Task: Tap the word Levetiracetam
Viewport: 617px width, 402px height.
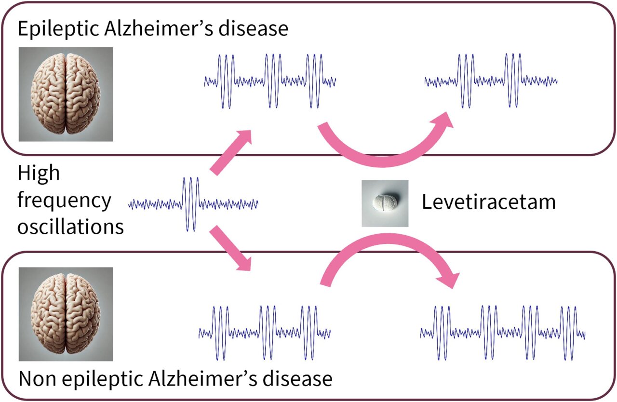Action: (489, 202)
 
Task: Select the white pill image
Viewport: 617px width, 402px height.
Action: (385, 203)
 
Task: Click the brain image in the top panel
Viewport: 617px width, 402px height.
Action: (66, 94)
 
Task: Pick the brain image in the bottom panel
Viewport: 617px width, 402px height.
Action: (66, 314)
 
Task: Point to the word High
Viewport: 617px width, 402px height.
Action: (39, 174)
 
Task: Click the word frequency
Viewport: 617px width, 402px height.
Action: (64, 200)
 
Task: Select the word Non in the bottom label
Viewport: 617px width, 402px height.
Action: (37, 379)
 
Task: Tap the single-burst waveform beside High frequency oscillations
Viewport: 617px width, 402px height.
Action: (193, 204)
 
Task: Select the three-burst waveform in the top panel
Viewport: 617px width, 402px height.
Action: (270, 81)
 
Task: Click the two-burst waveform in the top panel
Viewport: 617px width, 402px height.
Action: (491, 81)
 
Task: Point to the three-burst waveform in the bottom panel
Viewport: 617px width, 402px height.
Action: (265, 333)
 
